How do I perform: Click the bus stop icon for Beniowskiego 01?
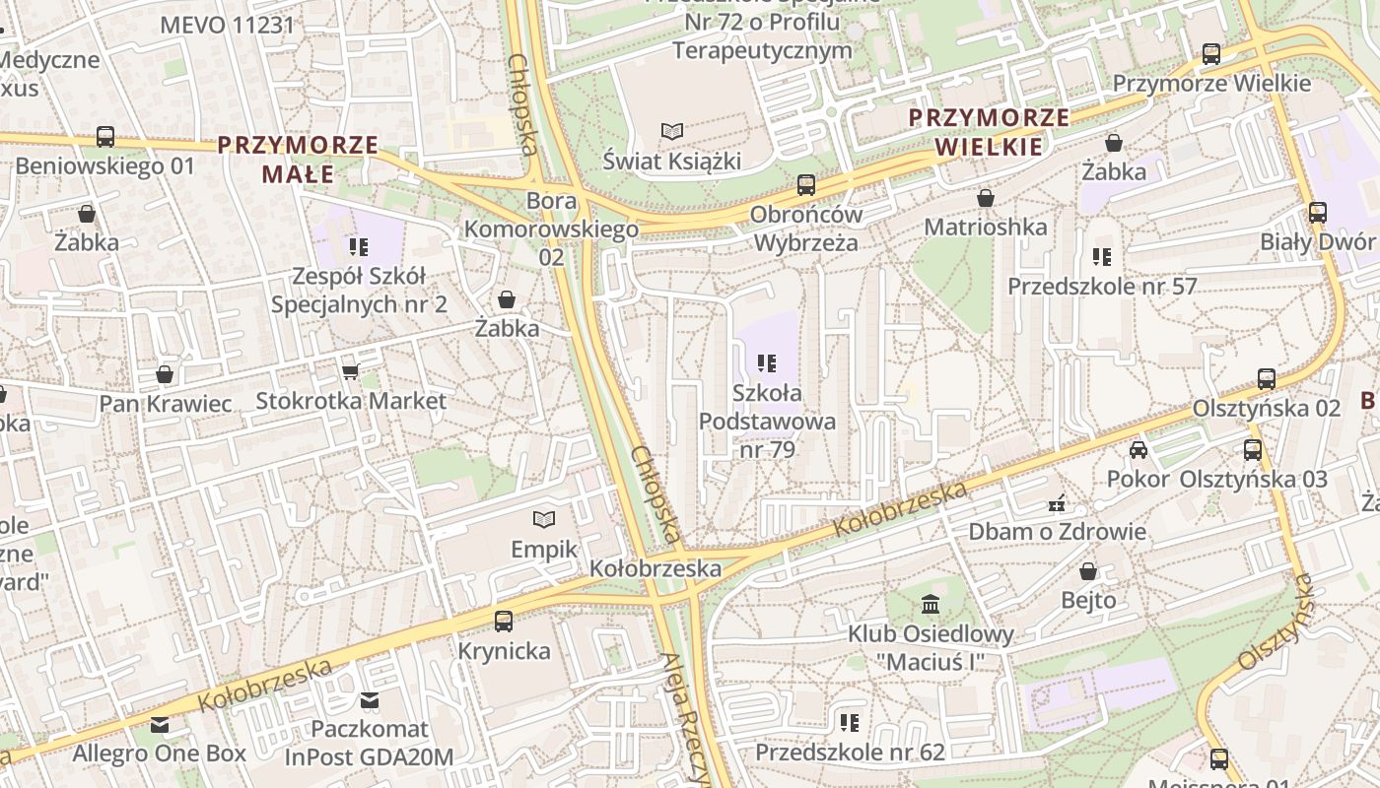(105, 137)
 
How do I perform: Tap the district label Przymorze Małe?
(298, 160)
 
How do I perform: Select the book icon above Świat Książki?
(672, 131)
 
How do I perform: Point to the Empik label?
(543, 549)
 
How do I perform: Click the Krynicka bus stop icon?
(504, 621)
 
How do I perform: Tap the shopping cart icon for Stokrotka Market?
(350, 371)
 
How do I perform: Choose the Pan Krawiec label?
(166, 403)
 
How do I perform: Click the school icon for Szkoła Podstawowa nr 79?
(767, 363)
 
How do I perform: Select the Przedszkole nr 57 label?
(1101, 286)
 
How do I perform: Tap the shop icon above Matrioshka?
(985, 198)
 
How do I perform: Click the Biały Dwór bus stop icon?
(1317, 212)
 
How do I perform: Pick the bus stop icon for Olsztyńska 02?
(1267, 378)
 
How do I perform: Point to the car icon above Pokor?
(1138, 450)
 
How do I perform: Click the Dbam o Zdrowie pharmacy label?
(1057, 532)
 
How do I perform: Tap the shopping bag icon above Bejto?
(1088, 571)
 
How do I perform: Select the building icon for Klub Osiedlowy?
(930, 604)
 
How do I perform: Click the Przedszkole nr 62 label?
(850, 753)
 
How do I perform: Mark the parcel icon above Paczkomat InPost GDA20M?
(370, 700)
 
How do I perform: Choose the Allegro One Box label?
(159, 754)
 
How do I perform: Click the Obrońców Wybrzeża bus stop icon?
(806, 184)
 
